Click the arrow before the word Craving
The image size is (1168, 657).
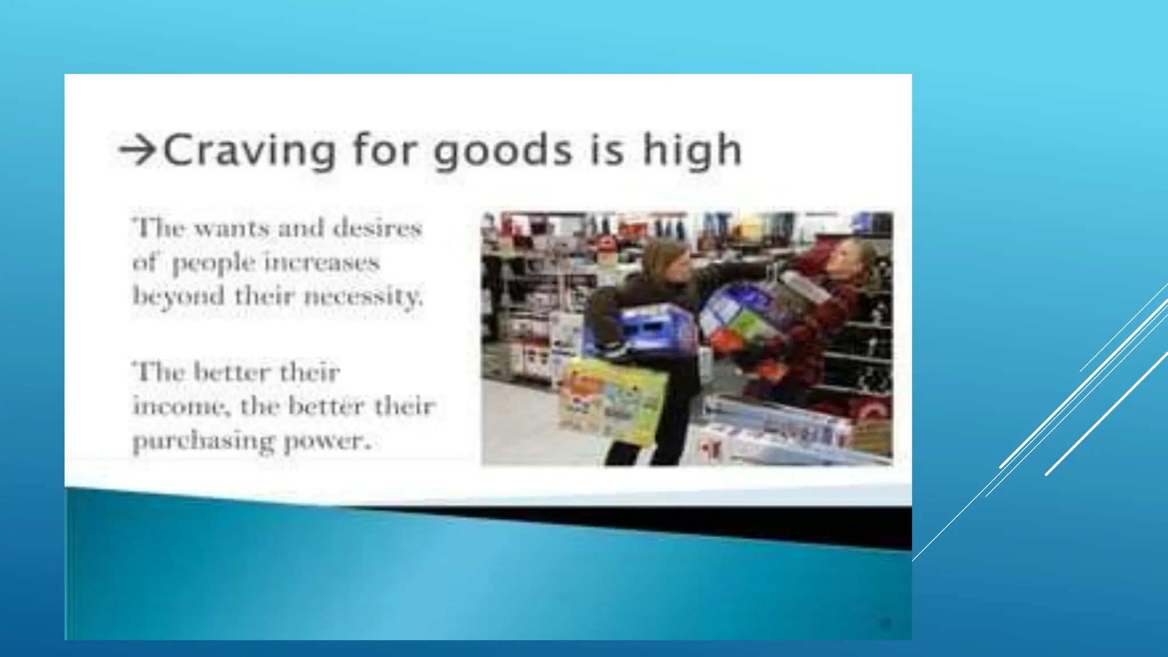137,150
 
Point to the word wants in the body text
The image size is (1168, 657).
232,229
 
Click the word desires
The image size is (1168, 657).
377,228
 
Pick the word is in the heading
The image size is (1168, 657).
607,151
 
